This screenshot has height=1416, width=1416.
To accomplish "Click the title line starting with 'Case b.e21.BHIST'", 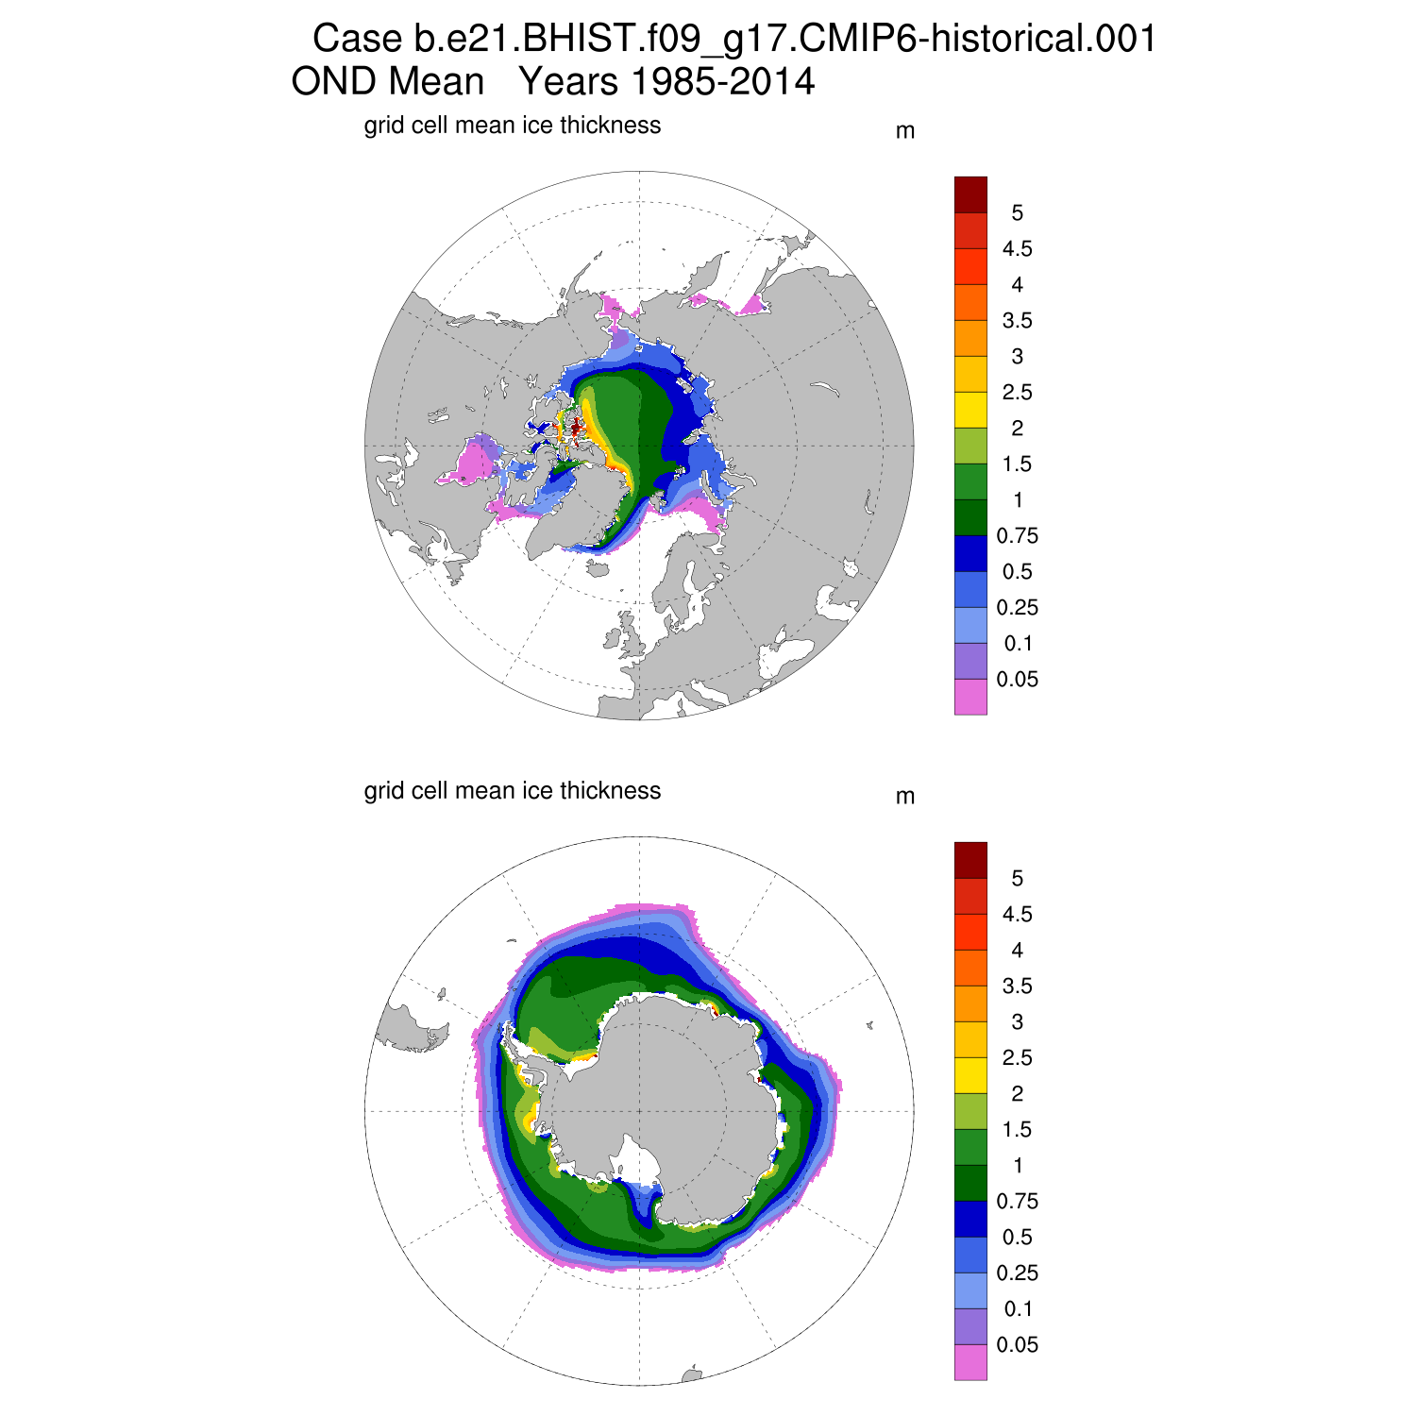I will [x=733, y=39].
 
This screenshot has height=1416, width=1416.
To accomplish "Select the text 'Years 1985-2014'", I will [x=666, y=82].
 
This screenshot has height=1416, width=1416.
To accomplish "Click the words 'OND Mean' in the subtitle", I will [x=387, y=82].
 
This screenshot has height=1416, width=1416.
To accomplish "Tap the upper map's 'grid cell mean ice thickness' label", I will [x=512, y=126].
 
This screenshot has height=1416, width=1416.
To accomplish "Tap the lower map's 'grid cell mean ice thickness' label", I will [x=512, y=791].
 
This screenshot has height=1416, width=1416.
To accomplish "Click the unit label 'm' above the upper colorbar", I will [x=904, y=131].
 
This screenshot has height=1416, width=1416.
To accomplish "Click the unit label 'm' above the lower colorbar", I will [x=904, y=797].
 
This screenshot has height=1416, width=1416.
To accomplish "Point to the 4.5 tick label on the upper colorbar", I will [x=1017, y=249].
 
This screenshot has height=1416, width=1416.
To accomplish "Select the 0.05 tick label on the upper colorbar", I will [x=1017, y=680].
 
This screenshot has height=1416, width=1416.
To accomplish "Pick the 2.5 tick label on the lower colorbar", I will [x=1017, y=1058].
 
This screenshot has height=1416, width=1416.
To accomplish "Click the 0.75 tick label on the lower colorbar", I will [x=1017, y=1202].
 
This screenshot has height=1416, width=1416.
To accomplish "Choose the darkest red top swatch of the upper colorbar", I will [x=970, y=194].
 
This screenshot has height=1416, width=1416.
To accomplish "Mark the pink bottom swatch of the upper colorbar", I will [x=970, y=697].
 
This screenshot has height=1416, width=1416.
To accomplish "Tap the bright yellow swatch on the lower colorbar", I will [x=970, y=1075].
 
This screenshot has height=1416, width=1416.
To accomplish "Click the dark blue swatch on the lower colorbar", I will [x=970, y=1219].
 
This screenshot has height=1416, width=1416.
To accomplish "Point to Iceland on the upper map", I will [x=596, y=568].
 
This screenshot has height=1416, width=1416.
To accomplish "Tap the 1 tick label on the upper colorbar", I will [x=1017, y=500].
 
